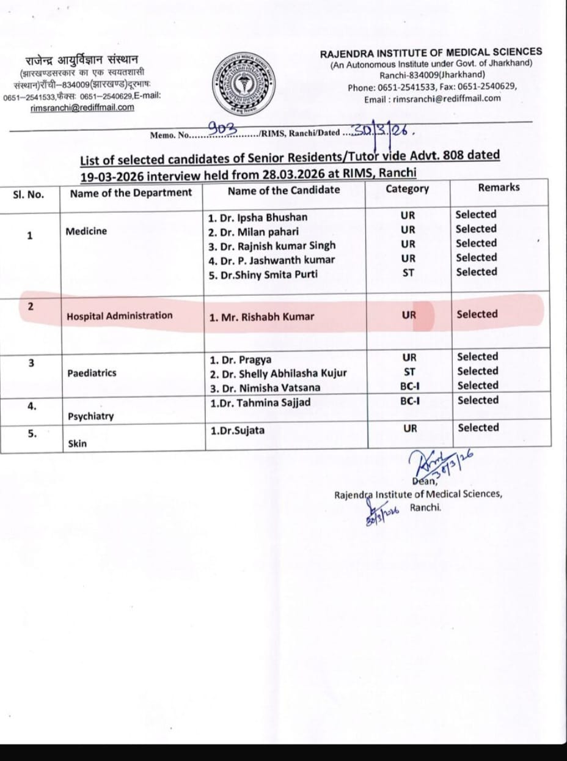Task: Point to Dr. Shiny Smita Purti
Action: (x=263, y=274)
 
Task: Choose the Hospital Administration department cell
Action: (x=120, y=315)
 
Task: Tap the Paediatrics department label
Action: (x=92, y=372)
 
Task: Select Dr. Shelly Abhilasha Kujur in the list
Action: (x=278, y=373)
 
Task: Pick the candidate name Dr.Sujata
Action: (x=238, y=430)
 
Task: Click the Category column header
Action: (x=408, y=189)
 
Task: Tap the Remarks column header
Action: (x=499, y=187)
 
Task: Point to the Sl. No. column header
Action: (x=28, y=194)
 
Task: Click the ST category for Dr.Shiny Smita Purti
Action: (x=408, y=273)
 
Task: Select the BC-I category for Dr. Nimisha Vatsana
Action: (x=409, y=386)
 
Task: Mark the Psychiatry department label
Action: (x=90, y=416)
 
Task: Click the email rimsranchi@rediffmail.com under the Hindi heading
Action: (x=82, y=108)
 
